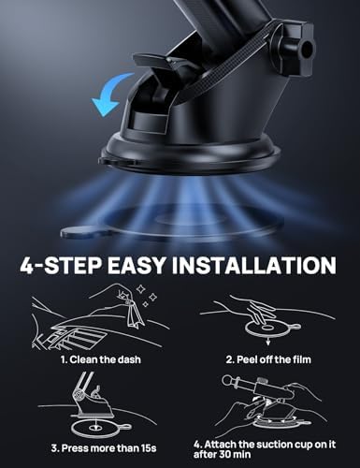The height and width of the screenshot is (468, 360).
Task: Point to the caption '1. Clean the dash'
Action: pos(92,357)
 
